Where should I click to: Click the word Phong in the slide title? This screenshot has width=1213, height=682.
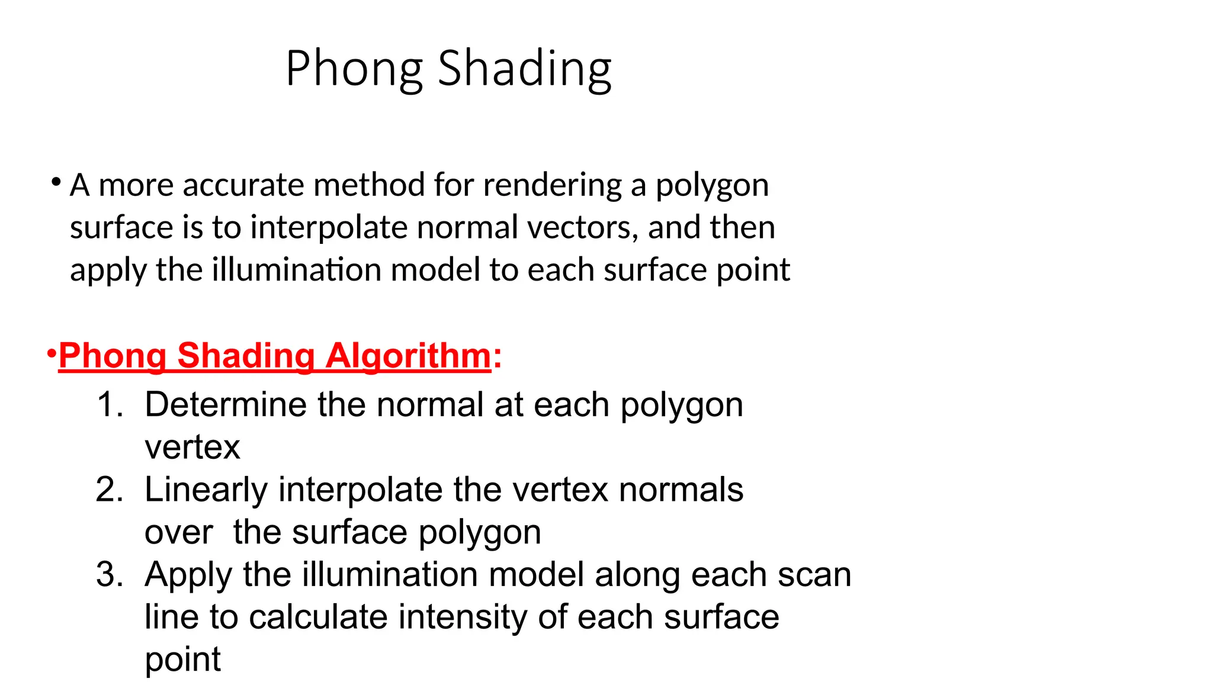click(354, 70)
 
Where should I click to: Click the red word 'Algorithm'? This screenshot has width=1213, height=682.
click(408, 357)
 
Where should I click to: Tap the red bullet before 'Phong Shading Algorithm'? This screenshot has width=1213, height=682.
click(52, 355)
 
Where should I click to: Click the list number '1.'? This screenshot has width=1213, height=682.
click(110, 405)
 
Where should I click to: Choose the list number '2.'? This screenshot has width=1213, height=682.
click(110, 490)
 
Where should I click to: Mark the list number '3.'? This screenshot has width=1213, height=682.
click(110, 575)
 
